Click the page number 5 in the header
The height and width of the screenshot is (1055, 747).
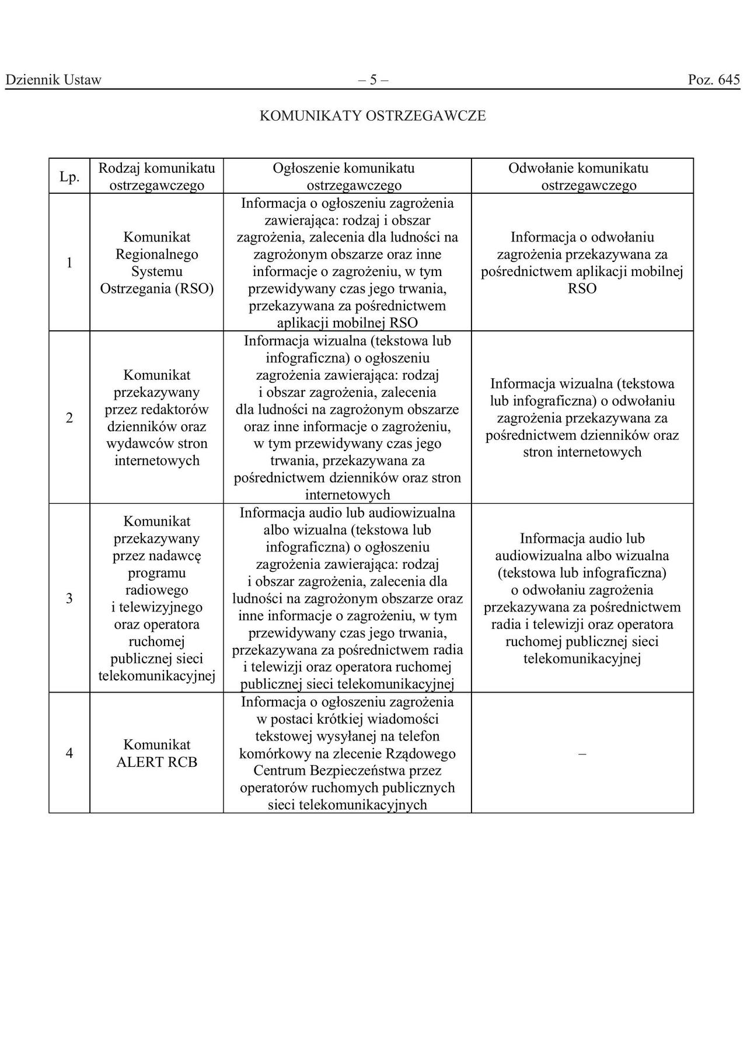[x=373, y=80]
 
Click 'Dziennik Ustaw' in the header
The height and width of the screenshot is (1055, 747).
[x=53, y=80]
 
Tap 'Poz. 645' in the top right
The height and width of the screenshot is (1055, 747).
[x=713, y=80]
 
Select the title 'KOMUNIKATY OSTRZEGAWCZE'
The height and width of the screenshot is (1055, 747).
[x=372, y=116]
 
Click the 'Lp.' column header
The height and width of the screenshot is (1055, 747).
[x=69, y=177]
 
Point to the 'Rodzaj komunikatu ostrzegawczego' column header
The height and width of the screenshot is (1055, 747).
[x=156, y=177]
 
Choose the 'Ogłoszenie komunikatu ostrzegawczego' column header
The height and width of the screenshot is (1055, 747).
[x=347, y=177]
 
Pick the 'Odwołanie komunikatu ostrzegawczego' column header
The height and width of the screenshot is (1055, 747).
[x=582, y=177]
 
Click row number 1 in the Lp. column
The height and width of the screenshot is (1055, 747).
[x=69, y=263]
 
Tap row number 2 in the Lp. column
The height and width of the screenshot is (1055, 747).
[x=69, y=418]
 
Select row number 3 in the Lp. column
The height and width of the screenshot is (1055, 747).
[x=69, y=599]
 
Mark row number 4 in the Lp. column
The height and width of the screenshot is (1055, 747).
[x=69, y=753]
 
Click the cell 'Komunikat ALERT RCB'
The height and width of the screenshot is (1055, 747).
[x=156, y=753]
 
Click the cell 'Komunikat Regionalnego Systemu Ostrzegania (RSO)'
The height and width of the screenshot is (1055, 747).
[x=156, y=263]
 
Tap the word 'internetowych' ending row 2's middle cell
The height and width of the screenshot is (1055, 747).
[x=347, y=495]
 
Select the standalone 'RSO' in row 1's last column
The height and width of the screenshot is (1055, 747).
[x=582, y=289]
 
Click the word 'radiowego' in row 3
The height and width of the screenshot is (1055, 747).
[x=156, y=590]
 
